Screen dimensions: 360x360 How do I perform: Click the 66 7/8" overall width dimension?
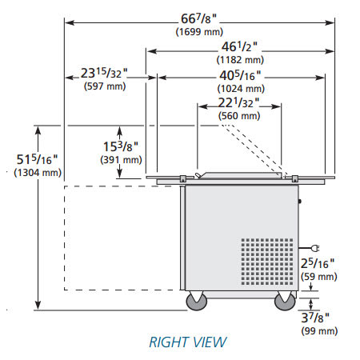(x=198, y=18)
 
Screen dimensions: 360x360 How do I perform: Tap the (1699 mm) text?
(x=199, y=32)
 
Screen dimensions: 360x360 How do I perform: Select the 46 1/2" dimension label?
(x=239, y=47)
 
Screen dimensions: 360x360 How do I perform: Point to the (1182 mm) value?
(x=240, y=60)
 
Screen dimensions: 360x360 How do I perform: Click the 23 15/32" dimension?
(x=104, y=73)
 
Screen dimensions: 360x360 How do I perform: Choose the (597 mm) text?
(x=105, y=86)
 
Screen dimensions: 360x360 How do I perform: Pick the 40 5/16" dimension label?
(x=240, y=76)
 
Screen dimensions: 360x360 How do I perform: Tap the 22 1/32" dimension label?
(x=238, y=103)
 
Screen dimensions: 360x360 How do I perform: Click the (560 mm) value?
(x=239, y=116)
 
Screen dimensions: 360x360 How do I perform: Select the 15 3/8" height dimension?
(x=121, y=146)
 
